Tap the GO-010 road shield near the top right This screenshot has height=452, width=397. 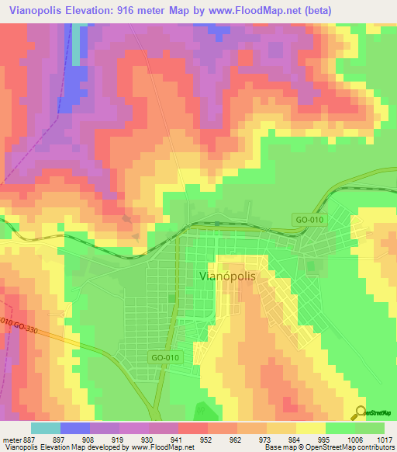(309, 220)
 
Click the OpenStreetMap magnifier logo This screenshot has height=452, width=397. (361, 412)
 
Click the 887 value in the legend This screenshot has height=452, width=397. (29, 439)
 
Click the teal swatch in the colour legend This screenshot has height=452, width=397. (46, 428)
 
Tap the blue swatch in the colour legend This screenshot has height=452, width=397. (75, 428)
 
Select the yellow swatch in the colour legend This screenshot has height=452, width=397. (311, 428)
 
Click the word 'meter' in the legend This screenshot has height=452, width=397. (10, 439)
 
